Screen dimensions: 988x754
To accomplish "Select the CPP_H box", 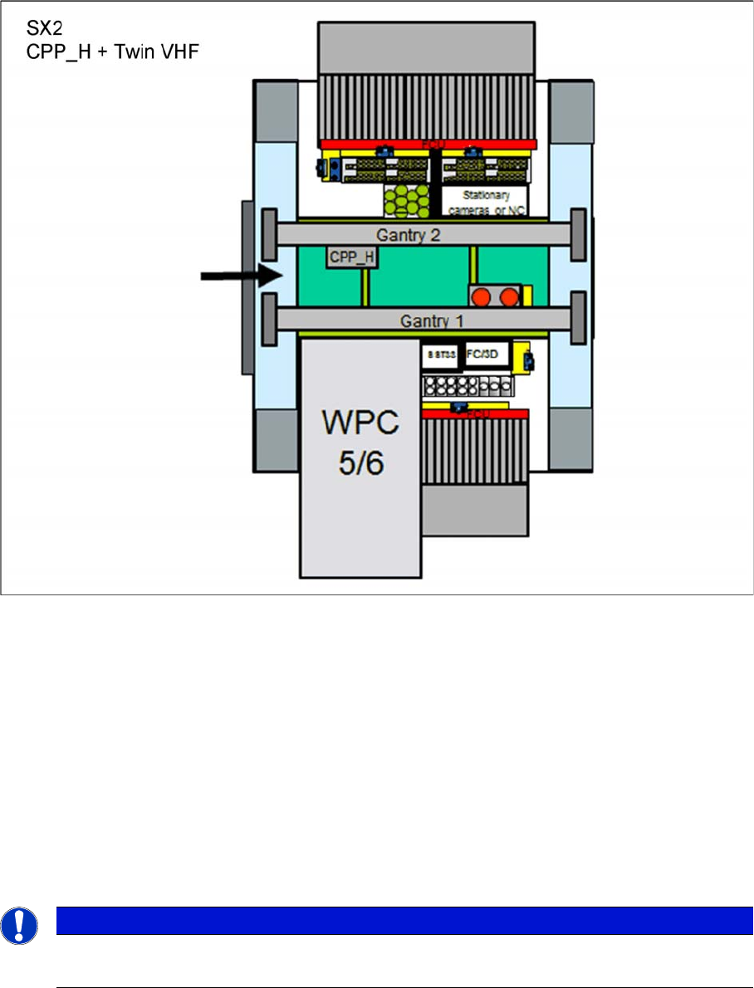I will coord(351,257).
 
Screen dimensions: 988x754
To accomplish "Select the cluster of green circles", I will coord(407,200).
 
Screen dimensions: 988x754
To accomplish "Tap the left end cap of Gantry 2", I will coord(269,234).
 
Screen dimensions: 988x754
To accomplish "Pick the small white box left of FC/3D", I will coord(441,355).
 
